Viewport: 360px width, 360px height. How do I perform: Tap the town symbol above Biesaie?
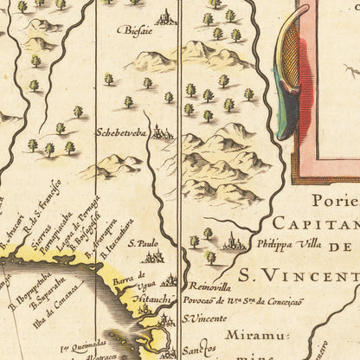click(x=164, y=16)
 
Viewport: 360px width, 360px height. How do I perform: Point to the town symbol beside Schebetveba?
click(x=161, y=132)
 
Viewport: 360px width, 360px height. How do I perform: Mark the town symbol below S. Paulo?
click(x=153, y=257)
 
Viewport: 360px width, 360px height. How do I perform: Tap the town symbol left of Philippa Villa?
click(x=234, y=245)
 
